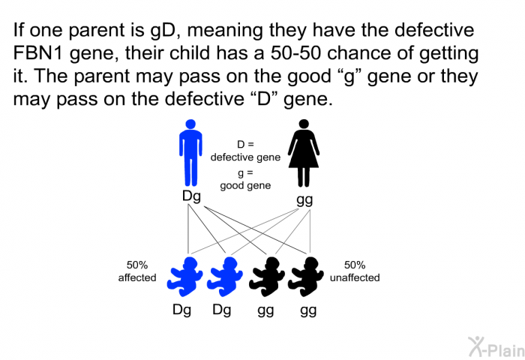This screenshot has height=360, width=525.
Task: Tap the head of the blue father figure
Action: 190,124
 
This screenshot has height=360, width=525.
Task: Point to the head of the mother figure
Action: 304,124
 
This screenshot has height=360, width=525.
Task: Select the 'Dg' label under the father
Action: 191,196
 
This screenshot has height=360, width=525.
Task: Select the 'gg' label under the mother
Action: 304,200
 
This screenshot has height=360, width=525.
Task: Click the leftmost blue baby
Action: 184,277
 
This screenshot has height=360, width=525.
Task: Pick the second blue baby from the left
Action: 225,277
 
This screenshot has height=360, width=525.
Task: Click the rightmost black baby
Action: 306,277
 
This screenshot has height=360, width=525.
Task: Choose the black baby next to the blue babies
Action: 266,277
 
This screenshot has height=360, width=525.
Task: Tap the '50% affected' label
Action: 137,271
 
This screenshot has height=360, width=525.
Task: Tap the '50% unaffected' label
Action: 355,271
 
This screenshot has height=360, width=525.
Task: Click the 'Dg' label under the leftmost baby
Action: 181,310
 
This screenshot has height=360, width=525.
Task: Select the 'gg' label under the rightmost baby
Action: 308,311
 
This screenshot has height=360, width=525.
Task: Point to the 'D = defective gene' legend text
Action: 245,151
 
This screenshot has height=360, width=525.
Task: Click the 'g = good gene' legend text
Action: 245,179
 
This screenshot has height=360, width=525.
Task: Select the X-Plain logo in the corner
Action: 496,347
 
